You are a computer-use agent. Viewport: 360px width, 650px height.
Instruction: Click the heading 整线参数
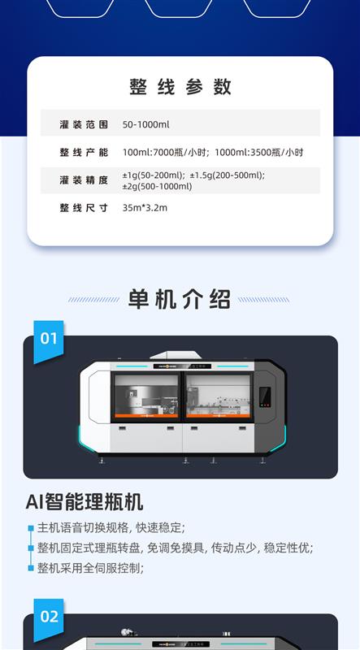180,87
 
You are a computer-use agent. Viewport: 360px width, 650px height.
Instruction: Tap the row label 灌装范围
84,124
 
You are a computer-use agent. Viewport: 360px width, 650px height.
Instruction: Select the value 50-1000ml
145,124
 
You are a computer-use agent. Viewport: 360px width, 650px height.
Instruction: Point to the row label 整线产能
84,152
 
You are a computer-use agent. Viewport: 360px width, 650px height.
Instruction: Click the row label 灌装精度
84,180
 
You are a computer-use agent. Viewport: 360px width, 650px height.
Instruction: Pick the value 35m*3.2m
145,208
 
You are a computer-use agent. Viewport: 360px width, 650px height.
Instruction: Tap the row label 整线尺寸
84,208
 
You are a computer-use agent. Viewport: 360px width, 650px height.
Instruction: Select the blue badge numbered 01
49,341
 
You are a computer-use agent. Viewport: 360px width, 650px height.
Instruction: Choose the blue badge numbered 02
49,619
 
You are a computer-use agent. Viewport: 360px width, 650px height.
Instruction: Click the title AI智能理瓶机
85,502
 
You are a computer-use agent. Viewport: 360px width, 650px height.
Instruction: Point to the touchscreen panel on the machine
265,396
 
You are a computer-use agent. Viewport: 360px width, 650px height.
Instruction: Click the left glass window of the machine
146,396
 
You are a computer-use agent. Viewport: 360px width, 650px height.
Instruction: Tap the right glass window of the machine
218,396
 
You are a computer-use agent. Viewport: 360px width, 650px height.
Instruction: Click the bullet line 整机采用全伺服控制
90,568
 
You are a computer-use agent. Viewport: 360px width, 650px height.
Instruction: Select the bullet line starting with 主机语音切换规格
111,527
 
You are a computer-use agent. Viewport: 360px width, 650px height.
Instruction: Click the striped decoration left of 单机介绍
93,299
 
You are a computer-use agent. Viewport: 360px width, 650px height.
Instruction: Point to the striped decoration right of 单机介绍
264,299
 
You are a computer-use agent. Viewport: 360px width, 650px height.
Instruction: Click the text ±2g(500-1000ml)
157,186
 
